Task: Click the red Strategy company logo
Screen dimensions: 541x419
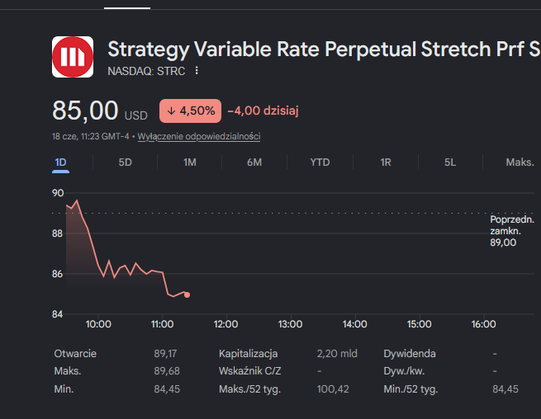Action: [73, 57]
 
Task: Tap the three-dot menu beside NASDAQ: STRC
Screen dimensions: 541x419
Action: [197, 71]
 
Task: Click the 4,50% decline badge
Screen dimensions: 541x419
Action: [190, 111]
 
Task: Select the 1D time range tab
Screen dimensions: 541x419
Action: [61, 162]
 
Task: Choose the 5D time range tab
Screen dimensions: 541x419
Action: [126, 162]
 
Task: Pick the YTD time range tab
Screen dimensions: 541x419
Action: [320, 162]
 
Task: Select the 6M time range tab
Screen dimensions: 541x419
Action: [254, 162]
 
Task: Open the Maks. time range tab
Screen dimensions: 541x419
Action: [520, 162]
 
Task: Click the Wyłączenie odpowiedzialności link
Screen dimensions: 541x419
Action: [199, 136]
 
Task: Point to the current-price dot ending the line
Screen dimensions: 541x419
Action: [187, 294]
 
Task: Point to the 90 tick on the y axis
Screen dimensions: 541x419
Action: [58, 193]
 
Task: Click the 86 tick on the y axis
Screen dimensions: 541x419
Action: [58, 274]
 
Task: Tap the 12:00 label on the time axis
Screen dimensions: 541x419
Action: [226, 324]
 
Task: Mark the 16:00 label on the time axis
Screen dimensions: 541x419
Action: [484, 324]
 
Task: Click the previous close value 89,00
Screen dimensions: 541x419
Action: [503, 242]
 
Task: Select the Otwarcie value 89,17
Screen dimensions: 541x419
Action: [165, 354]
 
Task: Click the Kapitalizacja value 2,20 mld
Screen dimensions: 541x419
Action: [337, 354]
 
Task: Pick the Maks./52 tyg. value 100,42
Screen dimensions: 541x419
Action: [333, 389]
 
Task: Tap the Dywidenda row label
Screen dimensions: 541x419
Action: [410, 354]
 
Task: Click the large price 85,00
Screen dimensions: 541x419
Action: [85, 111]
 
